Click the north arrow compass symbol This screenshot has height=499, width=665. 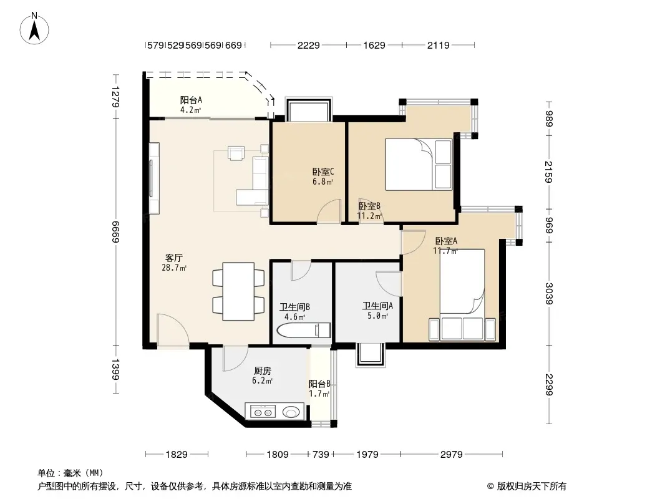click(x=34, y=29)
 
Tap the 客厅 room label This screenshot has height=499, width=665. click(x=174, y=258)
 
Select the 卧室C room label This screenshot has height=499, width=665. click(x=323, y=172)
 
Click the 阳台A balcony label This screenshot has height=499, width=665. click(x=191, y=100)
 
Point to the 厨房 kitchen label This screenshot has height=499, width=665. click(x=263, y=371)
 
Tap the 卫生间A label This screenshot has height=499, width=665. click(x=377, y=306)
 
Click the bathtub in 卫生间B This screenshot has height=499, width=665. click(x=303, y=330)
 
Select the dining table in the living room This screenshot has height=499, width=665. click(x=238, y=292)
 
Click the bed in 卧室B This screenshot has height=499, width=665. click(x=419, y=164)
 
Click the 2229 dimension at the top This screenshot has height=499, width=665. click(x=308, y=45)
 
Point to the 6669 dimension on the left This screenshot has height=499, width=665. click(x=115, y=232)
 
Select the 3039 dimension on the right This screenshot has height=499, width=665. click(x=549, y=294)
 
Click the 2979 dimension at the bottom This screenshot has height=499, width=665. click(x=451, y=455)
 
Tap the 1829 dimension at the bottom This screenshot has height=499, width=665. click(x=177, y=455)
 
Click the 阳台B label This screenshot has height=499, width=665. click(x=319, y=384)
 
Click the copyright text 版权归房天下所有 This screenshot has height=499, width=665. click(x=532, y=487)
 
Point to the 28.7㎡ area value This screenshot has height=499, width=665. click(x=174, y=268)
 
